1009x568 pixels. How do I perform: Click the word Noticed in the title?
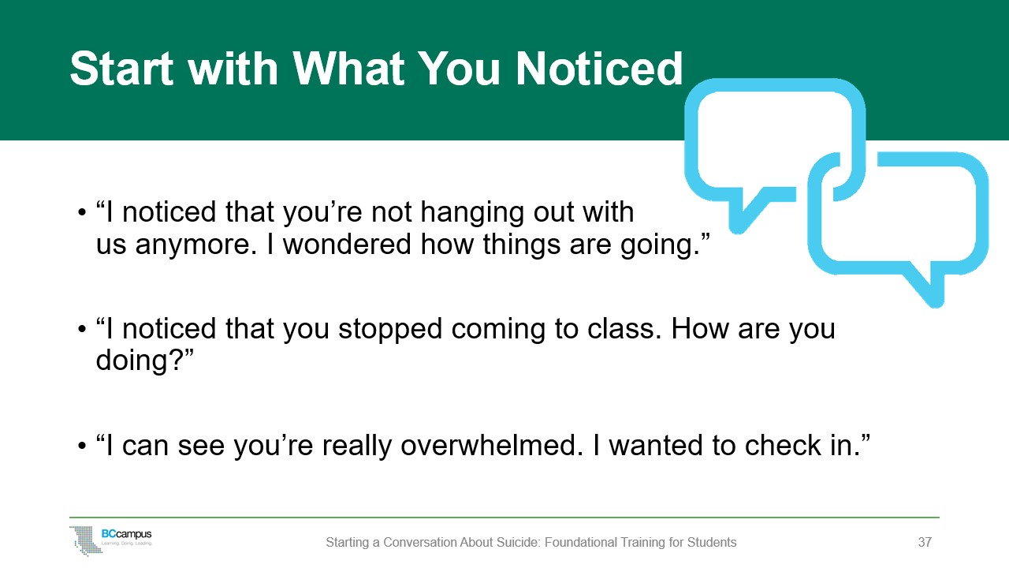point(599,69)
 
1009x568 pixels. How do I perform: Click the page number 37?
point(925,543)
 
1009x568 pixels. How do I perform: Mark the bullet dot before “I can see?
point(82,447)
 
